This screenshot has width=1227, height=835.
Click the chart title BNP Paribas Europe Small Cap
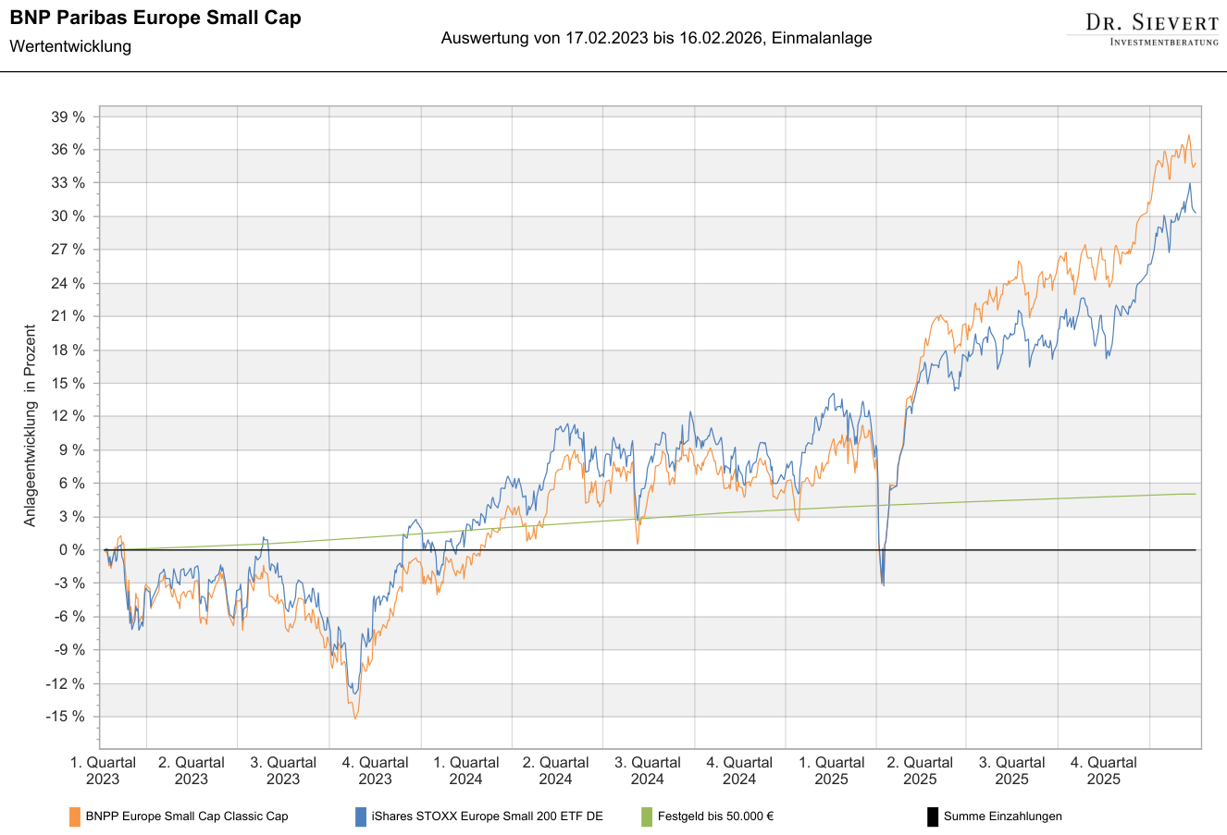(155, 18)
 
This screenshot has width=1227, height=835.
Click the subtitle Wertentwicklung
(70, 46)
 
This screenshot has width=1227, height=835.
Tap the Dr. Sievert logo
(1152, 29)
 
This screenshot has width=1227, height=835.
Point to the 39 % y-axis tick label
(68, 117)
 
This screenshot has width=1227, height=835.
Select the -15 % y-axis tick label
(66, 717)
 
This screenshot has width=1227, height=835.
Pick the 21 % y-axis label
(68, 316)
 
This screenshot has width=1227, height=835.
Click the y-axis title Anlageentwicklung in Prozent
(31, 425)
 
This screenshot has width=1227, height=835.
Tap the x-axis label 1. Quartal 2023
(103, 770)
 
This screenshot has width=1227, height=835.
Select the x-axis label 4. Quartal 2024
(739, 770)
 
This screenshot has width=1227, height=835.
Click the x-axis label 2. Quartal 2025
(920, 770)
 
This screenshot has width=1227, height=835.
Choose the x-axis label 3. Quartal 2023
(283, 770)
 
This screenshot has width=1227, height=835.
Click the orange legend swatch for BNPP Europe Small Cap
(75, 817)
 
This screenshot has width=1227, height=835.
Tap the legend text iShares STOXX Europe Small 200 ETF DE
(487, 817)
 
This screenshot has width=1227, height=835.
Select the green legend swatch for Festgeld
(647, 817)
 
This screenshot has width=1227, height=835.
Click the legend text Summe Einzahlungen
(1003, 817)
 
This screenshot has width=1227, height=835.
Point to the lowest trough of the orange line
(354, 718)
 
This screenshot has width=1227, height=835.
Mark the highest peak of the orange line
(1188, 136)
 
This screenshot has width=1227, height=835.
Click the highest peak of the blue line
(1189, 183)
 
